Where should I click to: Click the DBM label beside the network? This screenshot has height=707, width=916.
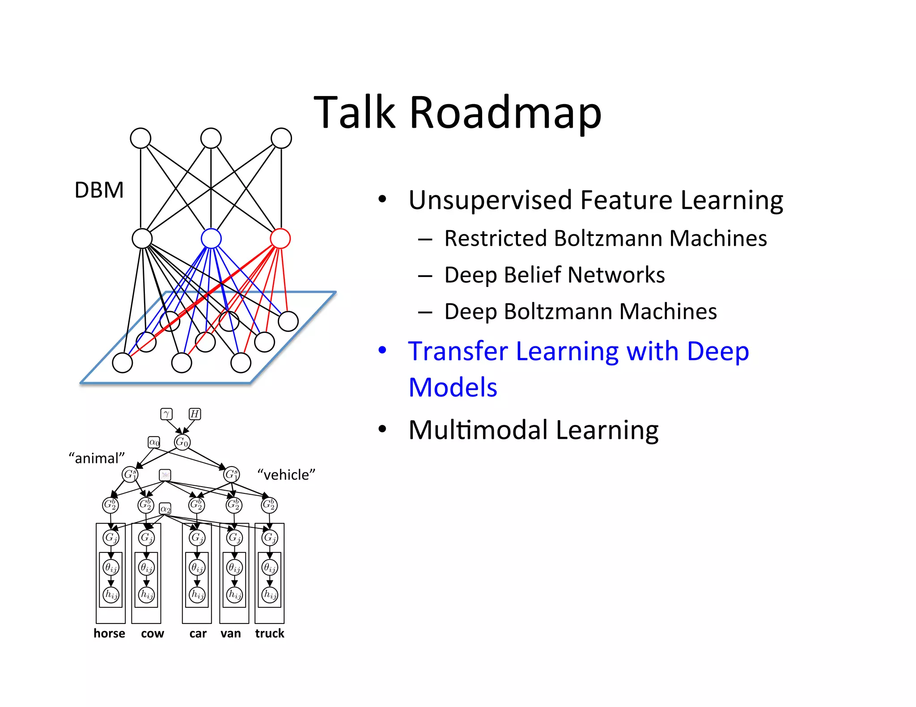99,190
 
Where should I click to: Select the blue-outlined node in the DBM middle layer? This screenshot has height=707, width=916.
211,238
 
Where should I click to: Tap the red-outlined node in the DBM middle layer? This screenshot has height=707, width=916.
280,238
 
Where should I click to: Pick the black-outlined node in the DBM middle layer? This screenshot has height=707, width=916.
142,238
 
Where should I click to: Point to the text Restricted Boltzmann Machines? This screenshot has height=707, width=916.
605,238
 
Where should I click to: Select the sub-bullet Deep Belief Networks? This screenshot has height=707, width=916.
554,275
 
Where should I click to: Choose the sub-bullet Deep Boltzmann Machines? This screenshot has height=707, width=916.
580,311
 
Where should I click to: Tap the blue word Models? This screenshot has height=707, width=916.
453,387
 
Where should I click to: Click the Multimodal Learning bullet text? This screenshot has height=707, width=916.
533,430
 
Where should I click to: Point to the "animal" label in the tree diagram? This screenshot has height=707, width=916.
97,458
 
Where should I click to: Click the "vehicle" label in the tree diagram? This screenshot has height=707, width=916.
286,475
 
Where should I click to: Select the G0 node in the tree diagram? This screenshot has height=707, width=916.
182,442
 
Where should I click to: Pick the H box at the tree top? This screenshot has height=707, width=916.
195,414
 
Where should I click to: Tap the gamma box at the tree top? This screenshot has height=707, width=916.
166,414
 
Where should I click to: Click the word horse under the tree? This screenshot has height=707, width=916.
109,633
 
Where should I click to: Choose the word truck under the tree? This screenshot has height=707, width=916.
269,633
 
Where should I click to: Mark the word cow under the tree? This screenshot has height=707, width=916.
153,634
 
